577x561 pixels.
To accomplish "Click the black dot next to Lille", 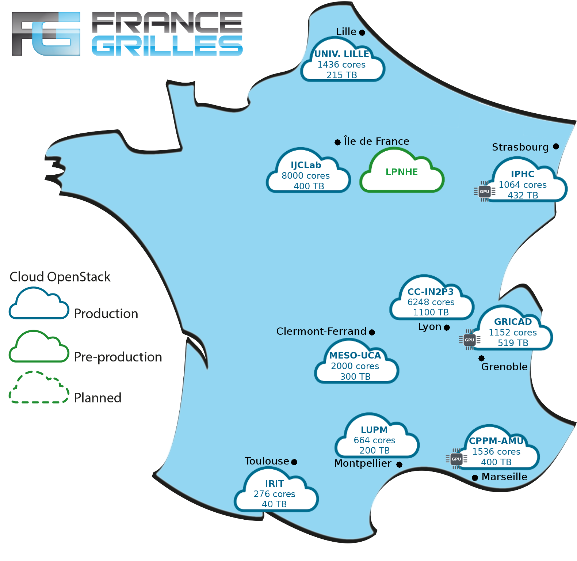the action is (x=362, y=33).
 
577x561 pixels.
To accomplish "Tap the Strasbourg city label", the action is (x=520, y=147).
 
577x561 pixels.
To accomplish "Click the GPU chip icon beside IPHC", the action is (x=485, y=192).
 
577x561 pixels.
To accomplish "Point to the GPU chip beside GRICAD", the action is (x=469, y=340).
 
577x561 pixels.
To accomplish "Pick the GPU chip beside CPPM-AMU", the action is (x=456, y=459).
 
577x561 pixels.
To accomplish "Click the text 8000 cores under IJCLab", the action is (x=306, y=176).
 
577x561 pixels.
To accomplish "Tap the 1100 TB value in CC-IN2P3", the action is (x=431, y=312).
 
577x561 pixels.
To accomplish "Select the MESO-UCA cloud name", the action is (x=355, y=355).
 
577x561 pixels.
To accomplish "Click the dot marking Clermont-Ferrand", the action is (x=372, y=332).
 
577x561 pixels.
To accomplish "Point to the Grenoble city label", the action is (x=504, y=367).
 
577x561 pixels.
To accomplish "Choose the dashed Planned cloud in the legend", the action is (x=39, y=387).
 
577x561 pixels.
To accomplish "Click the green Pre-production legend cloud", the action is (x=39, y=346).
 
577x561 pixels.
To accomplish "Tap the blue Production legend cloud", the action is (x=39, y=303).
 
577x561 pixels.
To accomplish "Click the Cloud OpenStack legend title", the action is (x=60, y=277).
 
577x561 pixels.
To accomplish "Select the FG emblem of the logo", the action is (x=46, y=34).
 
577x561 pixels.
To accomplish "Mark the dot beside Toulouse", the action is (x=294, y=462).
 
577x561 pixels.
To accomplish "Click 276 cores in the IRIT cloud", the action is (x=274, y=494).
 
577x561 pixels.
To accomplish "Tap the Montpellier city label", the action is (x=363, y=463).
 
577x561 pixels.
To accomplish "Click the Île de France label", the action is (x=377, y=141).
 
